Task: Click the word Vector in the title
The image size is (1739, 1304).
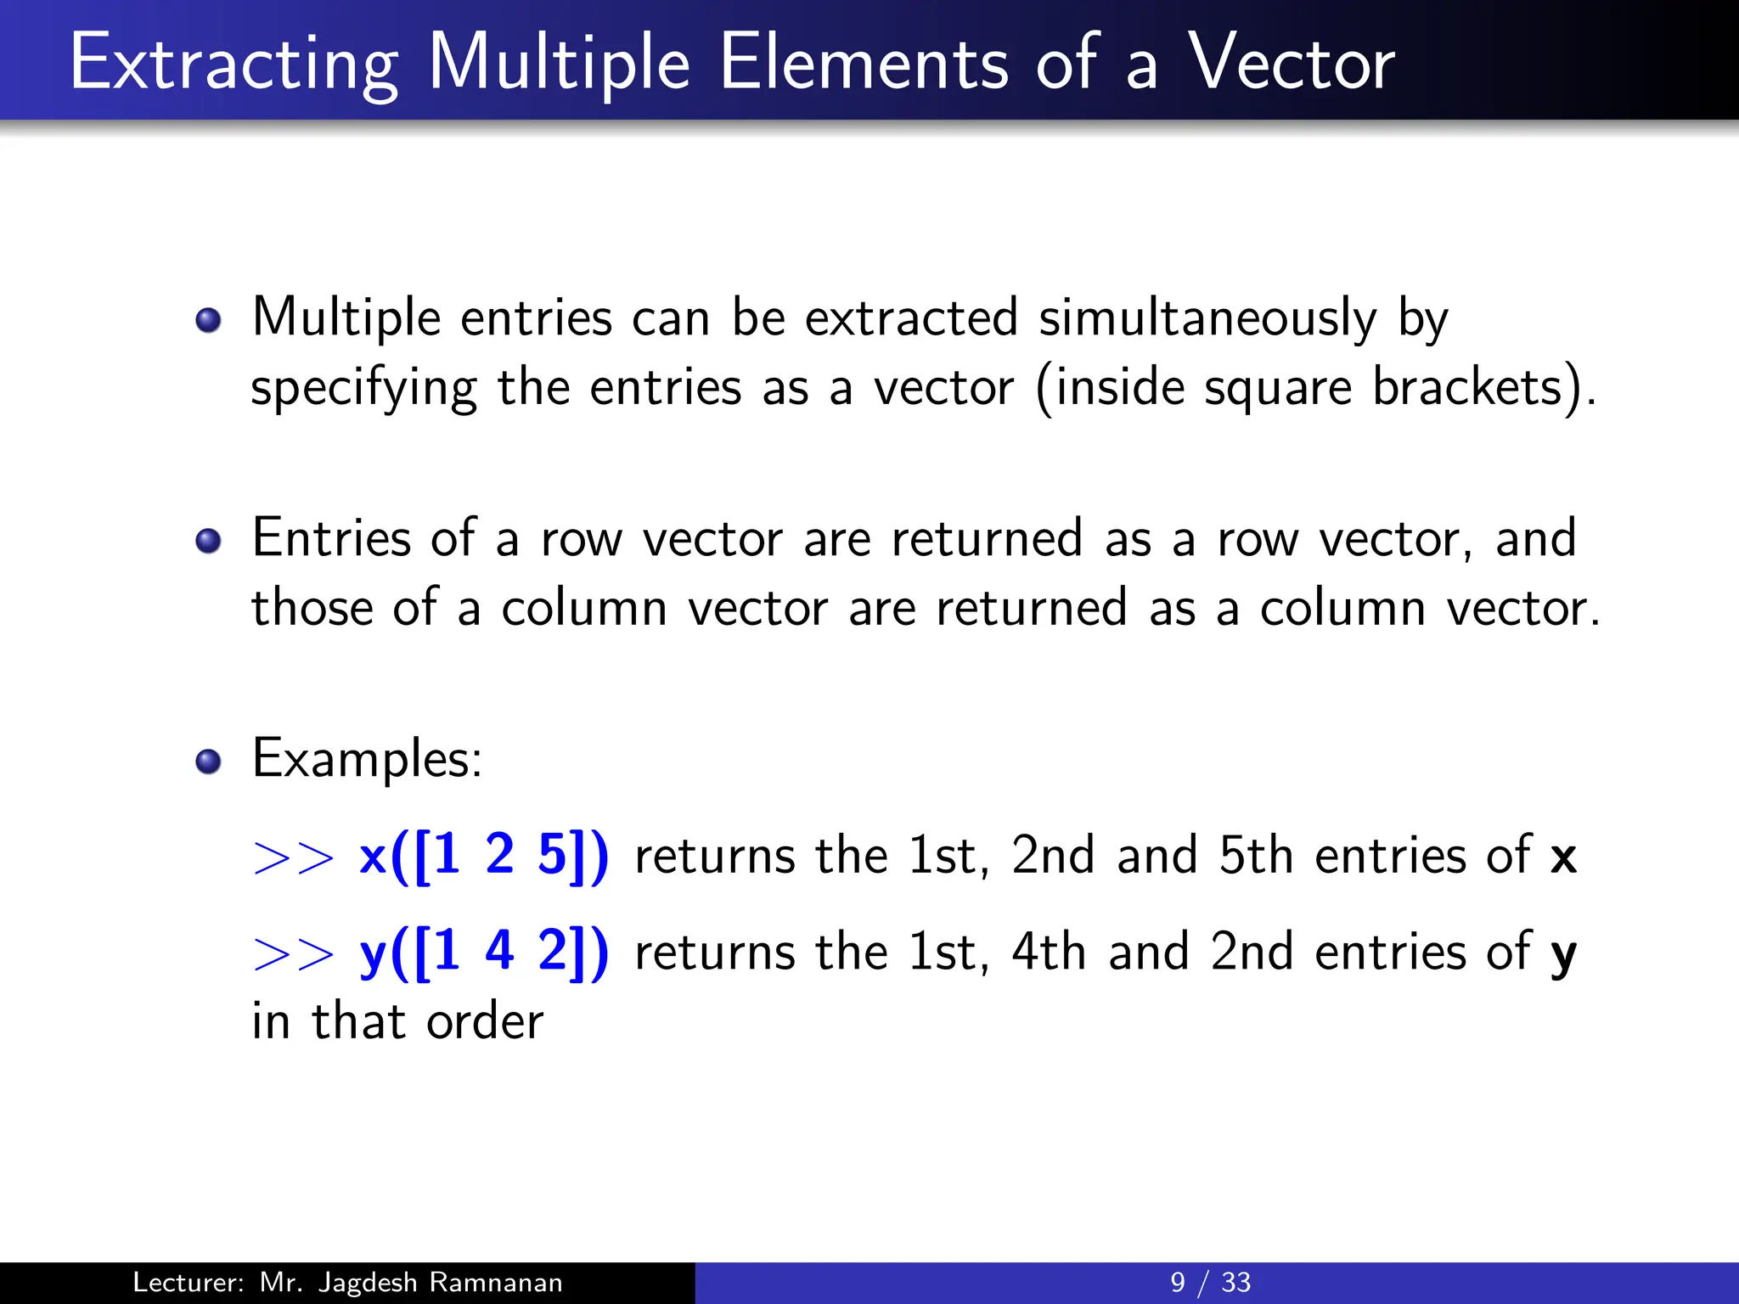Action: point(1291,63)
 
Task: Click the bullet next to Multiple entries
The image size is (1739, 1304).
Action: point(208,321)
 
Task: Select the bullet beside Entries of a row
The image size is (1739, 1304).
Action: point(208,541)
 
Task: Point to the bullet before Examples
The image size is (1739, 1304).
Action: point(208,762)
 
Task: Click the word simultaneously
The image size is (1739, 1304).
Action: point(1207,319)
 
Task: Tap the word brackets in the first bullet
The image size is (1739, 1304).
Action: point(1467,388)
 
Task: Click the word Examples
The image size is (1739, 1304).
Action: point(367,758)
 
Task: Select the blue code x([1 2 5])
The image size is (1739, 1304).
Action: point(484,856)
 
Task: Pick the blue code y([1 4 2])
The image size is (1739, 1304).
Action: point(484,952)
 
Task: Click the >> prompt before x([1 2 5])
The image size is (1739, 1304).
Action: point(294,857)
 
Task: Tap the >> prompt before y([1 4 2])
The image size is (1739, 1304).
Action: point(294,954)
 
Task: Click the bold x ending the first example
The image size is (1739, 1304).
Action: point(1562,857)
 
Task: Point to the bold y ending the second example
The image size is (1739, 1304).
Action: point(1563,954)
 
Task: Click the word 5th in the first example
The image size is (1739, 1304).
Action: point(1255,856)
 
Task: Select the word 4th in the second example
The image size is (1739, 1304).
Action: point(1048,952)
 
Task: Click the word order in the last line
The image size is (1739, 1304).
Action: point(484,1022)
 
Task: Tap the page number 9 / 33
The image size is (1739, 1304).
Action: point(1210,1282)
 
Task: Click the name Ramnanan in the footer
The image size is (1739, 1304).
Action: point(495,1282)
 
